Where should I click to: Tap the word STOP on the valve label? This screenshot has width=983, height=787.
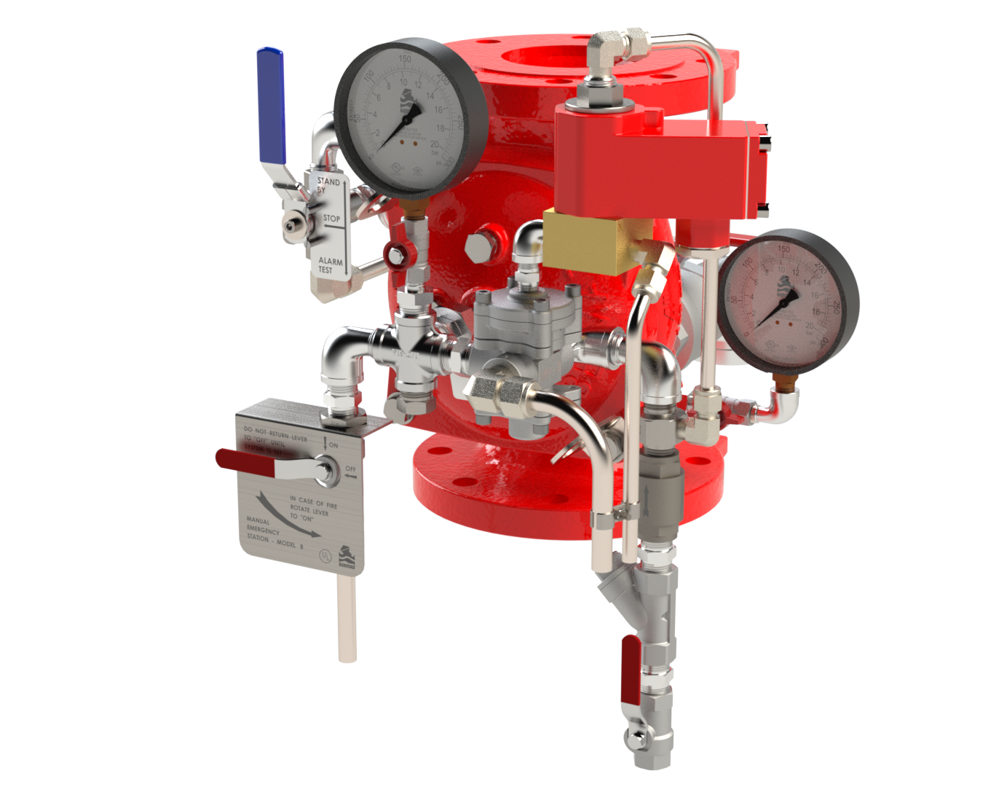[331, 218]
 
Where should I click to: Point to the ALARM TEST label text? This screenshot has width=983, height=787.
[330, 265]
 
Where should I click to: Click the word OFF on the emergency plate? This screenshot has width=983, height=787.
[350, 469]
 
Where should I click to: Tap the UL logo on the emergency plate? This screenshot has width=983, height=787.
[325, 556]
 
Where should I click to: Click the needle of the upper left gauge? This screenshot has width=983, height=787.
[398, 128]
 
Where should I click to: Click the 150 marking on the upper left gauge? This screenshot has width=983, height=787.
[404, 59]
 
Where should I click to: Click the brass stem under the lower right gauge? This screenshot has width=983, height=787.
[783, 382]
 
